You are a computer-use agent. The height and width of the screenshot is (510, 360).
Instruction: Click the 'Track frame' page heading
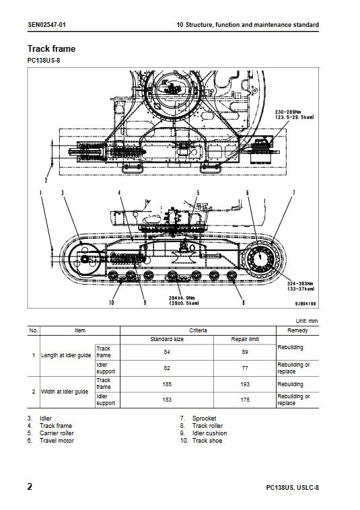pos(51,49)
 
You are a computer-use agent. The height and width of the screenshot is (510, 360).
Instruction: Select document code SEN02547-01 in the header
pos(47,25)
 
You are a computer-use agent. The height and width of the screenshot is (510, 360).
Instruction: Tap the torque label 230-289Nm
pos(288,112)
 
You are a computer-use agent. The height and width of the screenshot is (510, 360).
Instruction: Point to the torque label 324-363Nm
pos(300,284)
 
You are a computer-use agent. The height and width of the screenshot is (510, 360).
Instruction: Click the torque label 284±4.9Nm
pos(182,297)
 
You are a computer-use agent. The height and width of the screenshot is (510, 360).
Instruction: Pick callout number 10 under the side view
pos(112,303)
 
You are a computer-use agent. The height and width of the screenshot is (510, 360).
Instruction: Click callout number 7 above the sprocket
pos(293,193)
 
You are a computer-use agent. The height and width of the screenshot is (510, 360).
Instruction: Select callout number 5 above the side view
pos(198,193)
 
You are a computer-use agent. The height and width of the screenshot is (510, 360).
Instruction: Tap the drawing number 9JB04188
pos(305,303)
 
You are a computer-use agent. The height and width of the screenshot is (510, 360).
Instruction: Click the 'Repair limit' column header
pos(245,339)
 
